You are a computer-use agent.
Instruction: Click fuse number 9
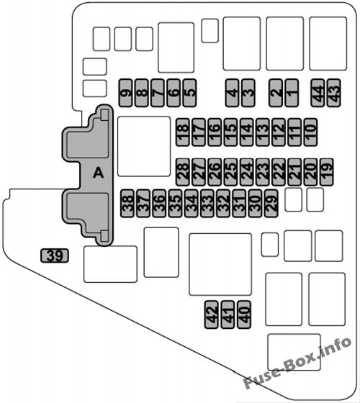click(x=126, y=93)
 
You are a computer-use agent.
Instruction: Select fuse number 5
click(x=189, y=93)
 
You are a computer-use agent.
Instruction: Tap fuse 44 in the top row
click(x=318, y=93)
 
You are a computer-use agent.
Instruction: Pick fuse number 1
click(x=292, y=93)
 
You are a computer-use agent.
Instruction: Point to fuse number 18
click(x=183, y=132)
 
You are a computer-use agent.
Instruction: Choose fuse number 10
click(x=310, y=132)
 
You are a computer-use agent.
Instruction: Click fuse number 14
click(x=246, y=132)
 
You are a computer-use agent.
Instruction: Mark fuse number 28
click(x=183, y=172)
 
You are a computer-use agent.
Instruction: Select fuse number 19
click(x=327, y=172)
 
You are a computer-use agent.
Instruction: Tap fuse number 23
click(x=263, y=172)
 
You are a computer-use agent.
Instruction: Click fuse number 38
click(x=127, y=203)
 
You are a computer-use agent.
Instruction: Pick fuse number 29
click(x=271, y=203)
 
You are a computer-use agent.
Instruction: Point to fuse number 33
click(x=207, y=203)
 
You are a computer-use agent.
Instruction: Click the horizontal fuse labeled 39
click(x=55, y=255)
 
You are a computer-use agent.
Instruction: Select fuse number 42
click(x=212, y=314)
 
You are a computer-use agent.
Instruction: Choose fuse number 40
click(x=244, y=314)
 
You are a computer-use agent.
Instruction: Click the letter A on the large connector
click(x=98, y=173)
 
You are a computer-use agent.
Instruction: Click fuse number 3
click(x=248, y=93)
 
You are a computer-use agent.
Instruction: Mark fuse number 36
click(x=159, y=203)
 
